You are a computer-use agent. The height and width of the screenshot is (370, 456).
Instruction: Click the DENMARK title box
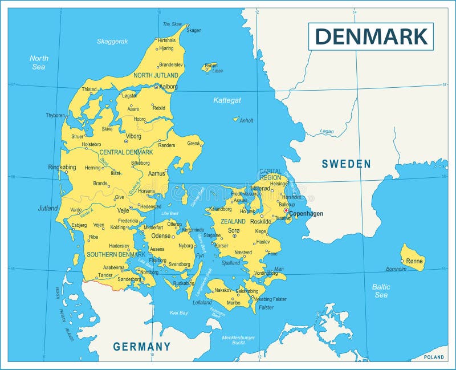[x=371, y=36]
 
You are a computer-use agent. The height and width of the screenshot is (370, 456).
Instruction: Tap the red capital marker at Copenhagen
[x=286, y=210]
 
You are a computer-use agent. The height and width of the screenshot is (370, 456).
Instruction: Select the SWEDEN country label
[x=346, y=164]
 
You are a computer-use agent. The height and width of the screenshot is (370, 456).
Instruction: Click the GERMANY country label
[x=141, y=346]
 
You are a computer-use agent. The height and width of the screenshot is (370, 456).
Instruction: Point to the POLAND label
[x=434, y=357]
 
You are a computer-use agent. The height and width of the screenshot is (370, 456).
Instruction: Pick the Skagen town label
[x=194, y=30]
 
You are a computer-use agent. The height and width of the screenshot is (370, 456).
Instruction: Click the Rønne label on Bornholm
[x=414, y=261]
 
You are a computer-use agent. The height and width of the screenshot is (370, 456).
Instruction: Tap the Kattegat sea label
[x=227, y=100]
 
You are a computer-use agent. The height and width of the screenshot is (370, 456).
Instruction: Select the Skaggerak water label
[x=112, y=41]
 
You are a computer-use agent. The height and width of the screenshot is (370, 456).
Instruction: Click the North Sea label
[x=39, y=62]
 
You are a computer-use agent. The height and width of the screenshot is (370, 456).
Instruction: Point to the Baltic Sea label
[x=381, y=291]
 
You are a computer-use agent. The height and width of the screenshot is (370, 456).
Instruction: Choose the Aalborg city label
[x=168, y=87]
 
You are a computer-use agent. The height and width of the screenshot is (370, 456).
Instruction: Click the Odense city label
[x=161, y=235]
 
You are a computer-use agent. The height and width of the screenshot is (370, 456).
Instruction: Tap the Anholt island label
[x=246, y=120]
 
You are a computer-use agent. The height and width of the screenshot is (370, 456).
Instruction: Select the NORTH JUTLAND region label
[x=156, y=75]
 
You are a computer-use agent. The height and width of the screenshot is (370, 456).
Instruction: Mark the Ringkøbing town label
[x=62, y=168]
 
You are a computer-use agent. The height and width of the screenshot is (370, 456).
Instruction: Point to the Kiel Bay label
[x=179, y=312]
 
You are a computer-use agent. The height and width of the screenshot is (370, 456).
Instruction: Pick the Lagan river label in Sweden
[x=327, y=131]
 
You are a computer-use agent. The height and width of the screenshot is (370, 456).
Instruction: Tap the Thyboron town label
[x=56, y=115]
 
